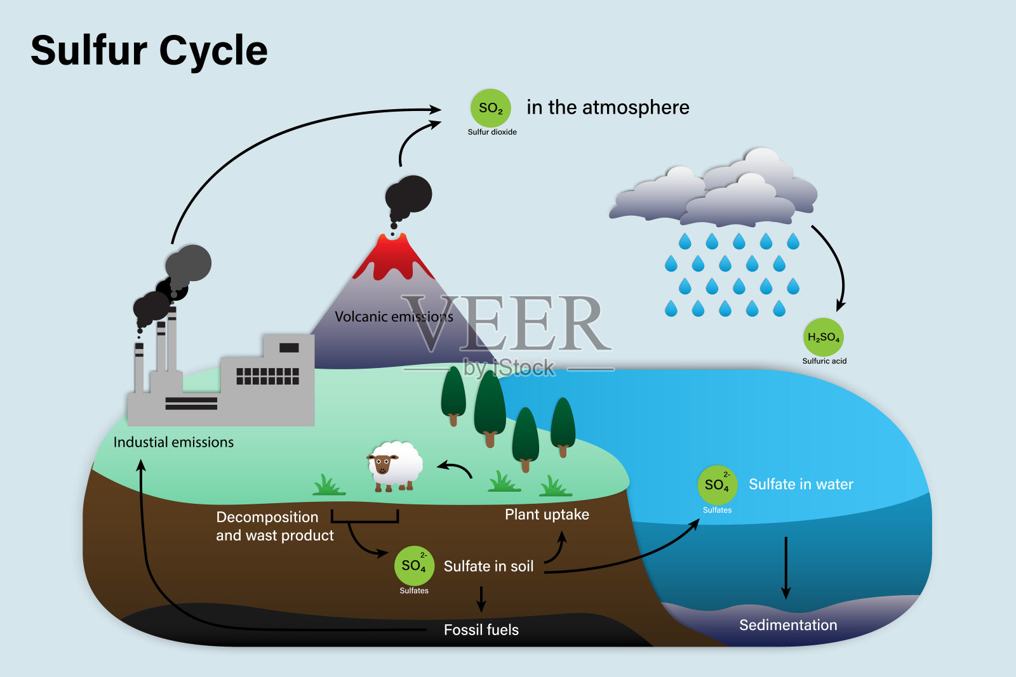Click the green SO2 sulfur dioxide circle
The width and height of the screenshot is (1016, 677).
click(x=490, y=108)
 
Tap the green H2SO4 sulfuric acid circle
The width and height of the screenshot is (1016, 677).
click(x=823, y=337)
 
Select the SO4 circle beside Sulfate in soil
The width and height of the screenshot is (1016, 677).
click(x=414, y=565)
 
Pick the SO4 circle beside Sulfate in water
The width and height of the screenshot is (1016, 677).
click(x=717, y=485)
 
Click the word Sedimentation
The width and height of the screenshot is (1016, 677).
click(x=788, y=625)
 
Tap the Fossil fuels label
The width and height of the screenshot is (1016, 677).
click(x=481, y=630)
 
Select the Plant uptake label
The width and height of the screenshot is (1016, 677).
click(x=547, y=515)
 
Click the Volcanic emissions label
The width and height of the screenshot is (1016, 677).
click(x=394, y=317)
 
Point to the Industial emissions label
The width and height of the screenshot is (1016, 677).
click(x=173, y=442)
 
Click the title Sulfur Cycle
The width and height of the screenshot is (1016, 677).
click(x=149, y=50)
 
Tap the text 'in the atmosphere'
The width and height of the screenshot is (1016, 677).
click(x=608, y=107)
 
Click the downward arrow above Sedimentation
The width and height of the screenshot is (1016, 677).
click(x=786, y=568)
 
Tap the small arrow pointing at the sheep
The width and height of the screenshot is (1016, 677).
click(x=455, y=469)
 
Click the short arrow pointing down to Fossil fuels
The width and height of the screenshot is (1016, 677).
click(x=481, y=598)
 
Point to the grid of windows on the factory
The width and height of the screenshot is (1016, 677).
click(x=267, y=376)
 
